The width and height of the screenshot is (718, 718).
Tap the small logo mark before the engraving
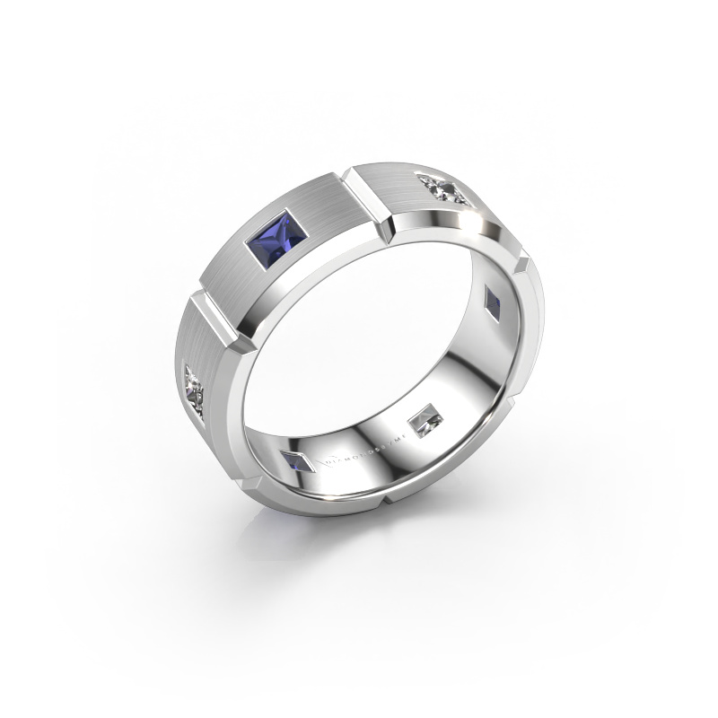(315, 459)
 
